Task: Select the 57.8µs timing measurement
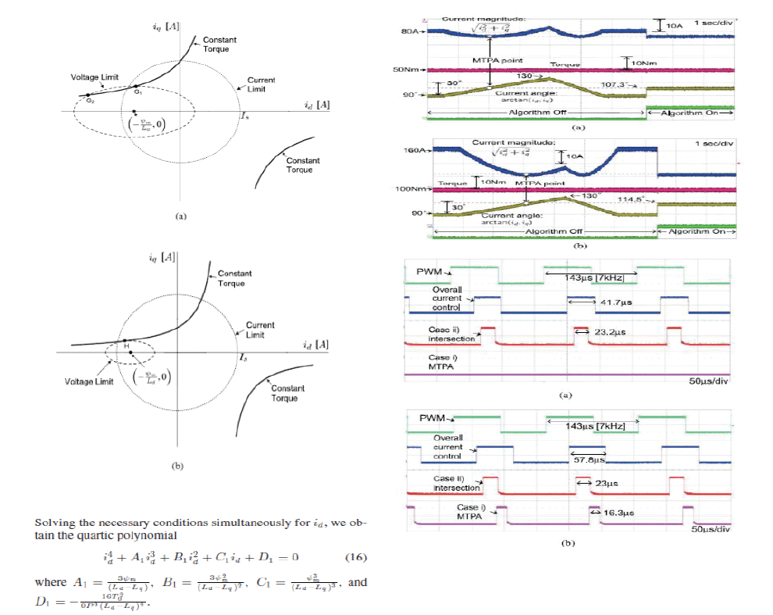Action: point(587,459)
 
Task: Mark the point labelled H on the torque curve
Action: point(126,341)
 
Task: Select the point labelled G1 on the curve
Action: point(136,87)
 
